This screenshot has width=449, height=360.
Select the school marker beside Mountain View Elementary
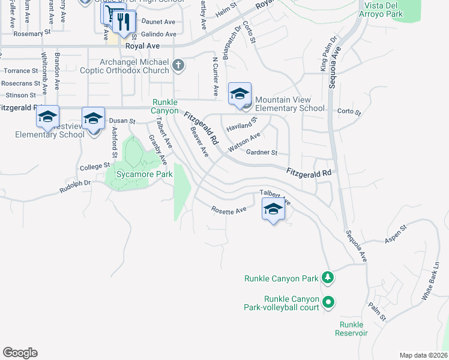coord(240,94)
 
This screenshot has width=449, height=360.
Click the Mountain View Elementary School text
coord(289,104)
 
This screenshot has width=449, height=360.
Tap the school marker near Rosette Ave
coord(273,210)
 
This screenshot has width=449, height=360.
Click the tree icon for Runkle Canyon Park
coord(327,277)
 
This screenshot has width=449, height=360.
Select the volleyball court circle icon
coord(328,302)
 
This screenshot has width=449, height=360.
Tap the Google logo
coord(20,352)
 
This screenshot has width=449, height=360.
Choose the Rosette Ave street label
coord(229,210)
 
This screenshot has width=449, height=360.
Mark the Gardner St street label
coord(262,153)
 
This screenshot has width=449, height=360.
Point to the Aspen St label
coord(396,232)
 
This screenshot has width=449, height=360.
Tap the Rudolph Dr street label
coord(74,187)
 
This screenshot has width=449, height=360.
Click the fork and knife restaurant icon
coord(123,22)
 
